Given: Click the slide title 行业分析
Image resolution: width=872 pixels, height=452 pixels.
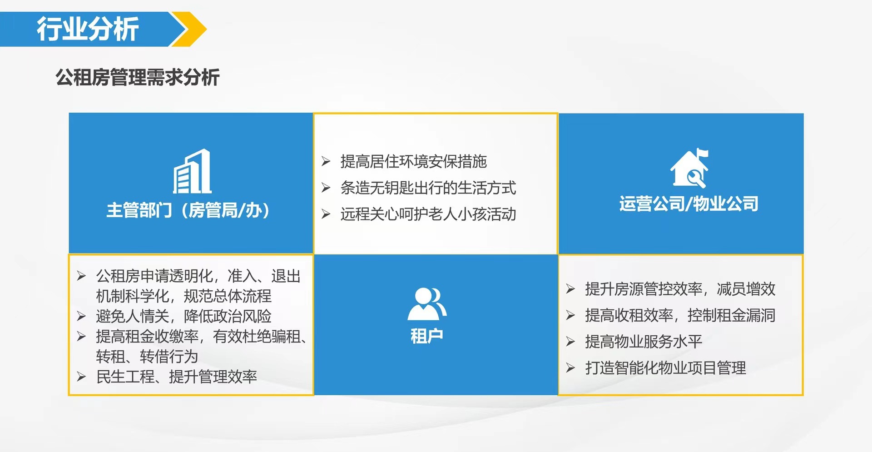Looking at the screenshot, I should pyautogui.click(x=87, y=29).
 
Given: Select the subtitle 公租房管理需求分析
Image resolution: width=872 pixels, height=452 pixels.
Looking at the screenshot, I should pyautogui.click(x=138, y=77).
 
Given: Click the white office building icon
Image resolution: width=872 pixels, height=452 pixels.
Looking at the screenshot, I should pyautogui.click(x=193, y=172).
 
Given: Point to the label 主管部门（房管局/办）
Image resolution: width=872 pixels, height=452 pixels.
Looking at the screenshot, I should pyautogui.click(x=188, y=210).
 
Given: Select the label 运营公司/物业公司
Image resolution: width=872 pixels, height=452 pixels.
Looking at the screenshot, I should pyautogui.click(x=689, y=204).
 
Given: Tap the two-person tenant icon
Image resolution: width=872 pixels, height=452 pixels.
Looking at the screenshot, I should pyautogui.click(x=426, y=303).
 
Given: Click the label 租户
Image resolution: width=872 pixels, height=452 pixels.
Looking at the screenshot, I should pyautogui.click(x=426, y=336).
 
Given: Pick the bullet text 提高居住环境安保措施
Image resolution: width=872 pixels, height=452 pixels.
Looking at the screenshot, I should pyautogui.click(x=413, y=161).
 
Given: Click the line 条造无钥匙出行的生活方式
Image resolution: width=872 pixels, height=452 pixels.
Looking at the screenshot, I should pyautogui.click(x=428, y=188).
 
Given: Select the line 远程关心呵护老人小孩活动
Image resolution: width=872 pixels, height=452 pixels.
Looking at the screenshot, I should pyautogui.click(x=428, y=214).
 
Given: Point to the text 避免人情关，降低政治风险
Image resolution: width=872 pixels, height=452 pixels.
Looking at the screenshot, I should pyautogui.click(x=183, y=316).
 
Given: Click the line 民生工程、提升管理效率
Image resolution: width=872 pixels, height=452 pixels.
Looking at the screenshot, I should pyautogui.click(x=176, y=377).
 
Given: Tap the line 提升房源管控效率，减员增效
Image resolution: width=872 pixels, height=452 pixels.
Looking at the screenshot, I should pyautogui.click(x=680, y=289).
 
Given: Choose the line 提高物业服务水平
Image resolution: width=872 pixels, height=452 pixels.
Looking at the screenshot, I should pyautogui.click(x=643, y=342).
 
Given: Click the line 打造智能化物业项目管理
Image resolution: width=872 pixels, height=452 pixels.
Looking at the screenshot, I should pyautogui.click(x=665, y=368).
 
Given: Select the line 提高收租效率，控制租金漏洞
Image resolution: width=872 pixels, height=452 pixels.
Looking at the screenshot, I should pyautogui.click(x=680, y=315).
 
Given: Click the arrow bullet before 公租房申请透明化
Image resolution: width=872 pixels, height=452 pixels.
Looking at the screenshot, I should pyautogui.click(x=81, y=276).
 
